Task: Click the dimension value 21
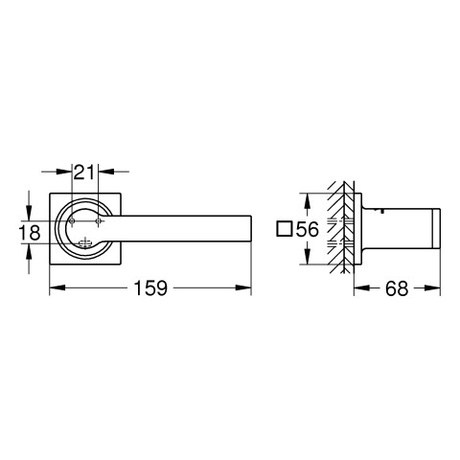(84, 172)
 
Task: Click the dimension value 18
(30, 232)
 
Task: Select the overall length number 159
(150, 287)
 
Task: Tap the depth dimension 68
(397, 288)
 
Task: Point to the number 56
(307, 229)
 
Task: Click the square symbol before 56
(285, 229)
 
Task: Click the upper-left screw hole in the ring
(72, 220)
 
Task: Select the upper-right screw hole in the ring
(99, 220)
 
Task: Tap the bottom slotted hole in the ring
(85, 243)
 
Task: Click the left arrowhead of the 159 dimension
(57, 287)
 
